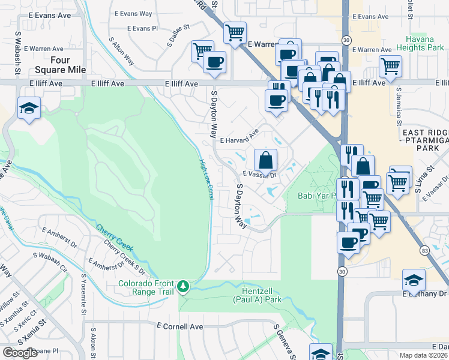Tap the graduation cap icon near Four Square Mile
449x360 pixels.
pos(28,109)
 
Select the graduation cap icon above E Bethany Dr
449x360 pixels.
pos(414,280)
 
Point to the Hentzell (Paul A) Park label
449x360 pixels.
pos(258,293)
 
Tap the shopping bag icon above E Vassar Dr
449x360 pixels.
pos(265,160)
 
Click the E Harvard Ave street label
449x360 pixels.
pos(238,139)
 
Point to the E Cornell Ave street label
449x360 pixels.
pos(179,326)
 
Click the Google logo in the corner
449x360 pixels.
pos(20,353)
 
